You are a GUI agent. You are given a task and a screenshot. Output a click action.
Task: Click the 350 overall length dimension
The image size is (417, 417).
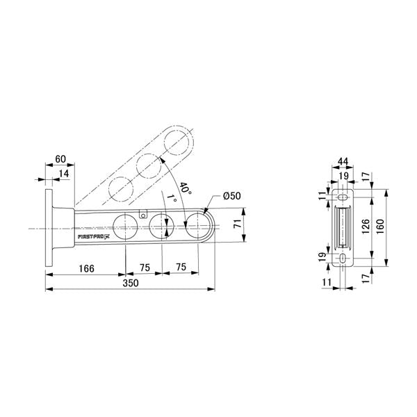click(x=131, y=283)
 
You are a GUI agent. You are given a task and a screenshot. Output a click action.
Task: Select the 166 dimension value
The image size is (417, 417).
click(x=87, y=268)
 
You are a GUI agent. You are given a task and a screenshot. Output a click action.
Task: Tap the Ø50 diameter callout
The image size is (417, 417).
click(x=232, y=196)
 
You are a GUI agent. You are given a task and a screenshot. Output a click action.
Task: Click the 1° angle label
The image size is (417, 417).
click(x=172, y=198)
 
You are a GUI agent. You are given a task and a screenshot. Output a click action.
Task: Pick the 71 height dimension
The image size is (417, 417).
click(x=238, y=224)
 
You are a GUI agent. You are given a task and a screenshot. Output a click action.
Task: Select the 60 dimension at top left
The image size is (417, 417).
click(x=60, y=159)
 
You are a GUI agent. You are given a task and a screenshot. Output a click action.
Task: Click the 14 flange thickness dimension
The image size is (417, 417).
click(x=64, y=174)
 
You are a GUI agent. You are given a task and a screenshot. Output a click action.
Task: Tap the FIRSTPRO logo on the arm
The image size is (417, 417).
click(x=94, y=236)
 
